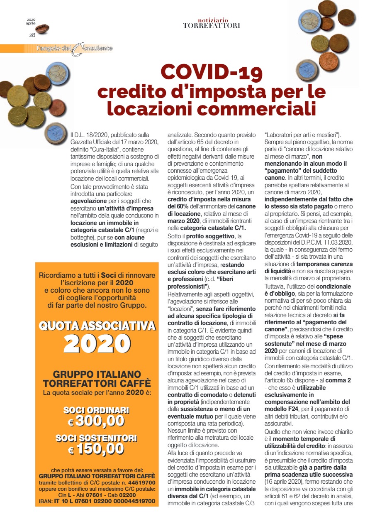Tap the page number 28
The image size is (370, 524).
tap(32, 35)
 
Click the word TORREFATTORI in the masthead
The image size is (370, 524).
tap(212, 25)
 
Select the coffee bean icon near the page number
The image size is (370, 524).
tap(42, 29)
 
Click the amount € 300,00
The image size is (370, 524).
tap(97, 421)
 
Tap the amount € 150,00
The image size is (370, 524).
tap(97, 448)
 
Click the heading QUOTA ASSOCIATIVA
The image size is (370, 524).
tap(97, 326)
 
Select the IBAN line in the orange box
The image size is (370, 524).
tap(97, 502)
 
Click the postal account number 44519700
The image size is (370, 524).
tap(141, 483)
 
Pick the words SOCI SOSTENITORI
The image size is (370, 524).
tap(97, 438)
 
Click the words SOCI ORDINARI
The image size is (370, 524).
tap(97, 411)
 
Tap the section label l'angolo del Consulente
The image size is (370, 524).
tap(75, 49)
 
